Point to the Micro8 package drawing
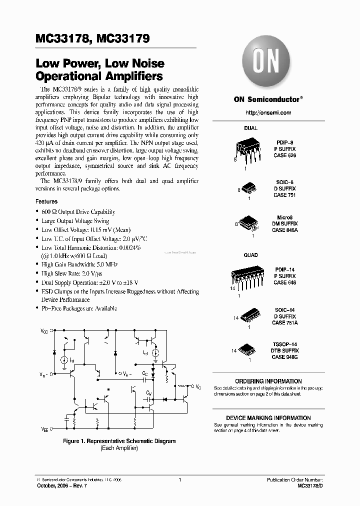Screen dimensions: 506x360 click(x=249, y=222)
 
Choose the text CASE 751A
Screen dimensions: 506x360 click(x=284, y=323)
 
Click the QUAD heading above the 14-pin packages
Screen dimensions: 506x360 click(x=250, y=255)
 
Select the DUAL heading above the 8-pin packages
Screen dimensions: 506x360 click(x=250, y=128)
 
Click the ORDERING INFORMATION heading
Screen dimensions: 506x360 click(x=268, y=381)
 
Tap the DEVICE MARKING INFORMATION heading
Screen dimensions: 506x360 click(x=268, y=418)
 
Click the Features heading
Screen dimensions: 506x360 click(x=46, y=201)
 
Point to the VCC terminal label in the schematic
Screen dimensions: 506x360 click(x=44, y=331)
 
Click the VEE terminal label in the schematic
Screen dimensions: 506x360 click(x=44, y=429)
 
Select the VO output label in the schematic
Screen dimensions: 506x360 click(x=198, y=387)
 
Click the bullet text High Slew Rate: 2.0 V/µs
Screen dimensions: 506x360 click(x=72, y=274)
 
